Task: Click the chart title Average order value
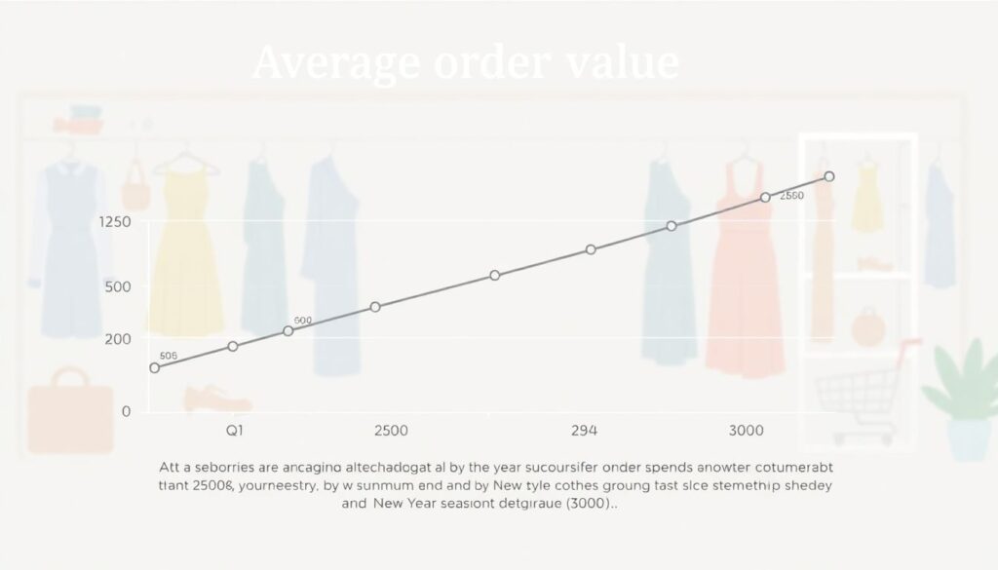pos(465,63)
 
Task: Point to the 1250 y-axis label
pos(115,222)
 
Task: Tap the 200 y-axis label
pos(115,338)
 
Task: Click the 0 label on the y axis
pos(126,411)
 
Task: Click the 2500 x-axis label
pos(390,431)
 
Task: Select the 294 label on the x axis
pos(583,431)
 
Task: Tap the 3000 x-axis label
pos(746,431)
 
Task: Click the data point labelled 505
pos(154,367)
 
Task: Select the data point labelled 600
pos(288,331)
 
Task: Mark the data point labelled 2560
pos(765,197)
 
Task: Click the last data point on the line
pos(829,176)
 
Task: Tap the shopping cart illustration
pos(864,390)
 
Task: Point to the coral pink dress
pos(746,283)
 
